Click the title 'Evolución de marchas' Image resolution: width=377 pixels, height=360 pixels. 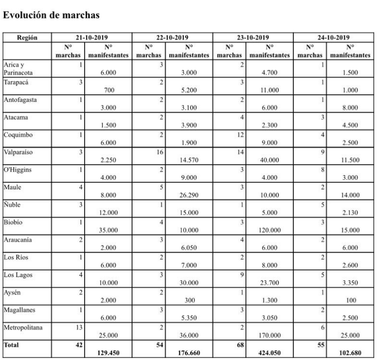coord(51,15)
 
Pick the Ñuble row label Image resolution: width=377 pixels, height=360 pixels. coord(13,205)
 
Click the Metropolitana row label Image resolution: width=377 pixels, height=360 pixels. coord(23,327)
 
